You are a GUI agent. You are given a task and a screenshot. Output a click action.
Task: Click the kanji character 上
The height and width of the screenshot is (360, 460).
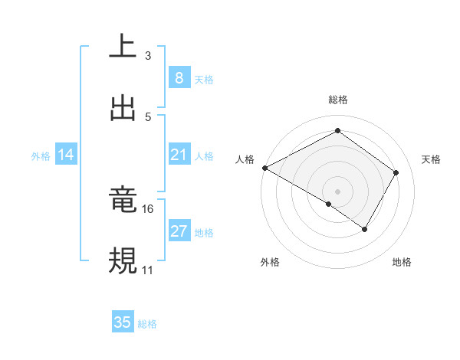click(123, 47)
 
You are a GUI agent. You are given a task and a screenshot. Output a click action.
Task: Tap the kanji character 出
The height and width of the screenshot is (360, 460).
click(123, 108)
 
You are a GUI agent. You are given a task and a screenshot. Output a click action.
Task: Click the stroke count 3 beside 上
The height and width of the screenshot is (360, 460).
click(147, 56)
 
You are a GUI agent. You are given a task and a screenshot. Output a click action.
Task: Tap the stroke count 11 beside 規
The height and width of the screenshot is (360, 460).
click(147, 270)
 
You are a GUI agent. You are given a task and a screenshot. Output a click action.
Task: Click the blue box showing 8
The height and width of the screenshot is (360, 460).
click(179, 78)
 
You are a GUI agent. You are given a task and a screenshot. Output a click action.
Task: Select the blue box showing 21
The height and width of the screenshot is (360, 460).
click(179, 155)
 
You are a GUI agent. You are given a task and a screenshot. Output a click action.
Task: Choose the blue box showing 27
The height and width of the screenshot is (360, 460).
click(179, 231)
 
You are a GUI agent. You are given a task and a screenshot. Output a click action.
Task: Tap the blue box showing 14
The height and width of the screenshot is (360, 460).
click(66, 155)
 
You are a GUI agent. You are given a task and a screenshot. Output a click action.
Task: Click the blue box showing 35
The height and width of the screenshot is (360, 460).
click(123, 322)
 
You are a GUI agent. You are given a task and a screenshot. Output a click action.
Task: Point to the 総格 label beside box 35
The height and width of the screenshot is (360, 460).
click(147, 324)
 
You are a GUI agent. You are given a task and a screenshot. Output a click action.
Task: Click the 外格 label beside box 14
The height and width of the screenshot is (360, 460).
click(41, 156)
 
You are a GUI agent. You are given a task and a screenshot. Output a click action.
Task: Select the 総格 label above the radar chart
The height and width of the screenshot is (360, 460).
click(337, 100)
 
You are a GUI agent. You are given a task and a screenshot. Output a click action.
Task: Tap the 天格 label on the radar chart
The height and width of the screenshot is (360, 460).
click(431, 159)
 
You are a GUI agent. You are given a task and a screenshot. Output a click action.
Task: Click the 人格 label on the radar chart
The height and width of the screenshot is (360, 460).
click(245, 159)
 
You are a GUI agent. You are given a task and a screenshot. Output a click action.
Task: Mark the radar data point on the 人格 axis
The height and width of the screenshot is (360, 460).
click(264, 168)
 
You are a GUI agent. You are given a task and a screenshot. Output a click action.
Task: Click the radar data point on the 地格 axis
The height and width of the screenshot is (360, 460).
click(365, 229)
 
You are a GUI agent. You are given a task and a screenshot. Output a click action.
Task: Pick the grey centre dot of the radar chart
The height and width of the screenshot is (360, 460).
click(337, 191)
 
